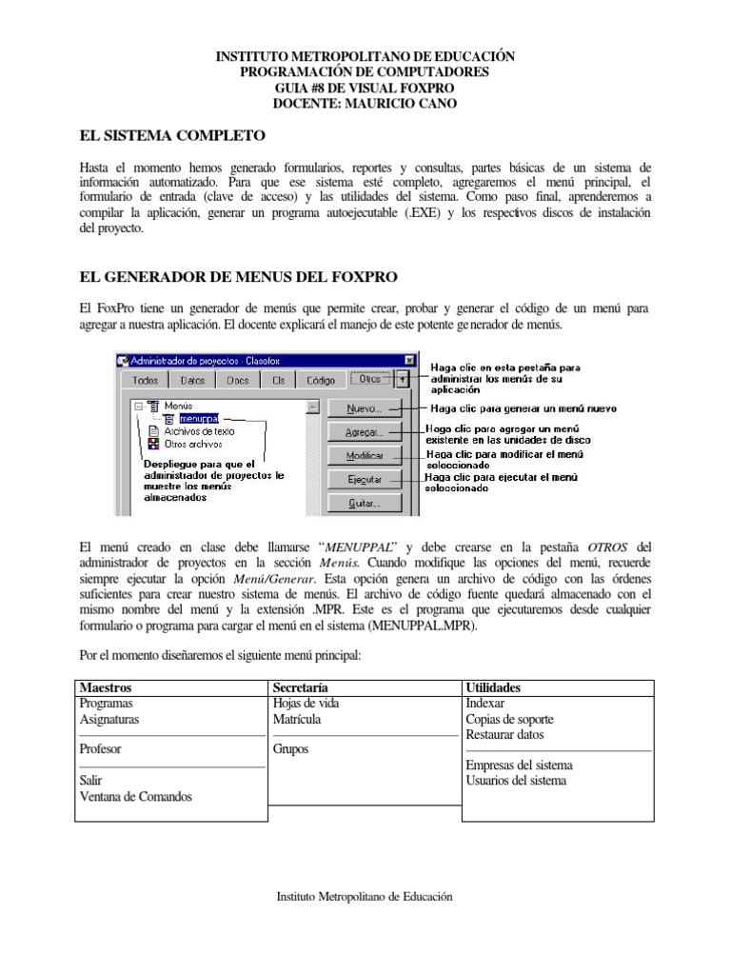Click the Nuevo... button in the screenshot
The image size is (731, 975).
click(365, 408)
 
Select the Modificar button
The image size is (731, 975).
click(365, 455)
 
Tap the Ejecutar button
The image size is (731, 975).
click(365, 479)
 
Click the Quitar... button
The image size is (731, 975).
click(365, 503)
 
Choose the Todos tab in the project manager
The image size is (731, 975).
click(145, 379)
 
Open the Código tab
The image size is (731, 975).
click(320, 379)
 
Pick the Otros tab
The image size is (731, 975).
click(369, 378)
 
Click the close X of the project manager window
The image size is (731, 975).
click(409, 360)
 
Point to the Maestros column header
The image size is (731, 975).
click(106, 687)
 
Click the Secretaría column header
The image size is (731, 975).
click(300, 687)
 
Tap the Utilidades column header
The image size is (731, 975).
click(494, 687)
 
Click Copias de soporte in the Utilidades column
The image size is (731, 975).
click(509, 719)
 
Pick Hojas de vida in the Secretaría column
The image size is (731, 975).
click(306, 704)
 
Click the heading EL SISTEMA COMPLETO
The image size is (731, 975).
click(171, 135)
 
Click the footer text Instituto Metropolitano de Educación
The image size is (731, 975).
click(365, 896)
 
